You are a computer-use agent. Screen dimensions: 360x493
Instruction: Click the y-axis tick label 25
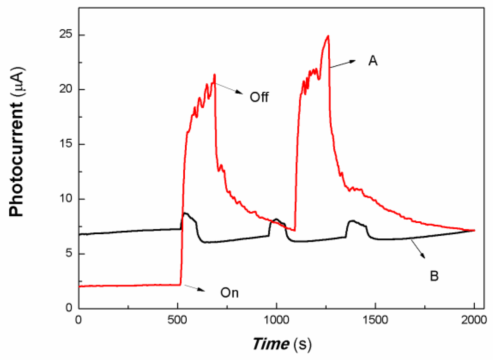coord(65,35)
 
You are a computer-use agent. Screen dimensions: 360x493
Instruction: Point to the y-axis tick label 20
coord(65,89)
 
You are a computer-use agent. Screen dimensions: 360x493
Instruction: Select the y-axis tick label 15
coord(65,144)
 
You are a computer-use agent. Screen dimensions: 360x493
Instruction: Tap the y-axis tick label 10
coord(65,198)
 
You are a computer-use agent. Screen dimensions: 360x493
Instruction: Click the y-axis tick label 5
coord(68,253)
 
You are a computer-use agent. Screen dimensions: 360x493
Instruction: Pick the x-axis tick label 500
coord(177,320)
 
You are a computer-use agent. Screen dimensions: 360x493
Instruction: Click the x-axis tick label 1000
coord(276,320)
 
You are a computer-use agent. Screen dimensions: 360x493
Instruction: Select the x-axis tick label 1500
coord(375,320)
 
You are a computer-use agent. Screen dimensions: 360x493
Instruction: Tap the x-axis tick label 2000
coord(474,320)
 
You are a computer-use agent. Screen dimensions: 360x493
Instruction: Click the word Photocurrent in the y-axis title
coord(16,158)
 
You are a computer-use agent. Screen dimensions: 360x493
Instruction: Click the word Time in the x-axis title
coord(271,344)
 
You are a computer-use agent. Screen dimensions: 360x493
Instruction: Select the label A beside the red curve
coord(373,61)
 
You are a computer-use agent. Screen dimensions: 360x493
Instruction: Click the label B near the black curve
coord(434,276)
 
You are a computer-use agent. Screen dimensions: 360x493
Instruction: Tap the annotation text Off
coord(259,97)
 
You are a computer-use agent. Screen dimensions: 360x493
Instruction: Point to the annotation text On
coord(229,293)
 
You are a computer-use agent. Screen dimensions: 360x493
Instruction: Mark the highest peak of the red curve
coord(328,36)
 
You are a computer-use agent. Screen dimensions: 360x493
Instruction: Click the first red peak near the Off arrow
coord(214,75)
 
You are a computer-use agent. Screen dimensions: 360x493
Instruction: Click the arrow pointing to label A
coord(343,64)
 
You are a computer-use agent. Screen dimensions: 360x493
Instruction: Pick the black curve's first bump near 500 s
coord(186,214)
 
